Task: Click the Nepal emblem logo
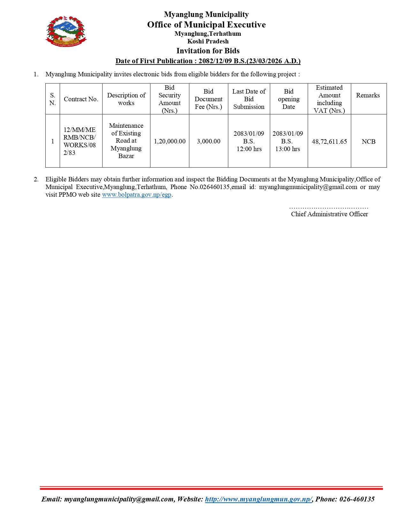click(x=66, y=31)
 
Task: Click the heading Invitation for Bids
click(x=208, y=51)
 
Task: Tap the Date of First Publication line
click(x=208, y=61)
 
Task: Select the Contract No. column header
click(x=81, y=99)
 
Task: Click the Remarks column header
click(x=368, y=95)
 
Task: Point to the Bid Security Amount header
click(x=170, y=99)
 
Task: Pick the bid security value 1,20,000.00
click(x=170, y=141)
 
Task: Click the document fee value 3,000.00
click(x=208, y=141)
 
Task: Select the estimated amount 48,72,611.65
click(x=329, y=141)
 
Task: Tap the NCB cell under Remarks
click(x=368, y=141)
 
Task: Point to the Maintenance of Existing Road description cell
click(x=126, y=141)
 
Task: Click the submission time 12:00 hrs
click(x=249, y=149)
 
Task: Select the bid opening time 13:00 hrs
click(x=288, y=149)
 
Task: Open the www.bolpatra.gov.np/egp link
click(x=137, y=195)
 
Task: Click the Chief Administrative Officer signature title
click(x=329, y=214)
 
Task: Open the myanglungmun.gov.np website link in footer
click(x=258, y=499)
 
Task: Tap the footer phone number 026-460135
click(x=357, y=499)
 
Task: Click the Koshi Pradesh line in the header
click(x=208, y=41)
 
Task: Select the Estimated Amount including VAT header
click(x=329, y=99)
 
